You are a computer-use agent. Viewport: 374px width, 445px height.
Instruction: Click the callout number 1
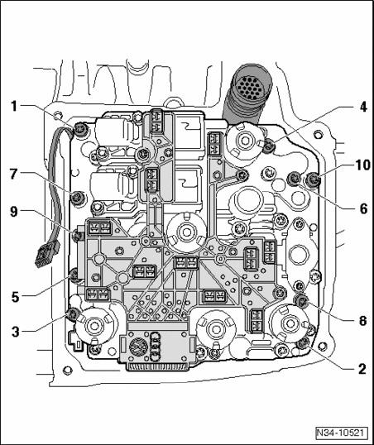14,107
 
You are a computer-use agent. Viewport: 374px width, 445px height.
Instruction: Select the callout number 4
362,108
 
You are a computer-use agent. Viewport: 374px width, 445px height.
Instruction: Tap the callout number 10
362,165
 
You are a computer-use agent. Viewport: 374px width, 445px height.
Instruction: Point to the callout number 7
14,175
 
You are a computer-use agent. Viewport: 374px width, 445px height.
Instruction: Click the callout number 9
14,212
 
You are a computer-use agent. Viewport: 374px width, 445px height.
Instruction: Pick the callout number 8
362,321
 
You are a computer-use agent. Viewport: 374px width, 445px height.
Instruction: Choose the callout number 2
362,369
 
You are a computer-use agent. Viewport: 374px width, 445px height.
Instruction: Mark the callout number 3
16,332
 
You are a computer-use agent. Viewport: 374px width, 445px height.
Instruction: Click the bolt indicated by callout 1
79,130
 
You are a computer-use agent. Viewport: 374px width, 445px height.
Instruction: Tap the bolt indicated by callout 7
78,197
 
